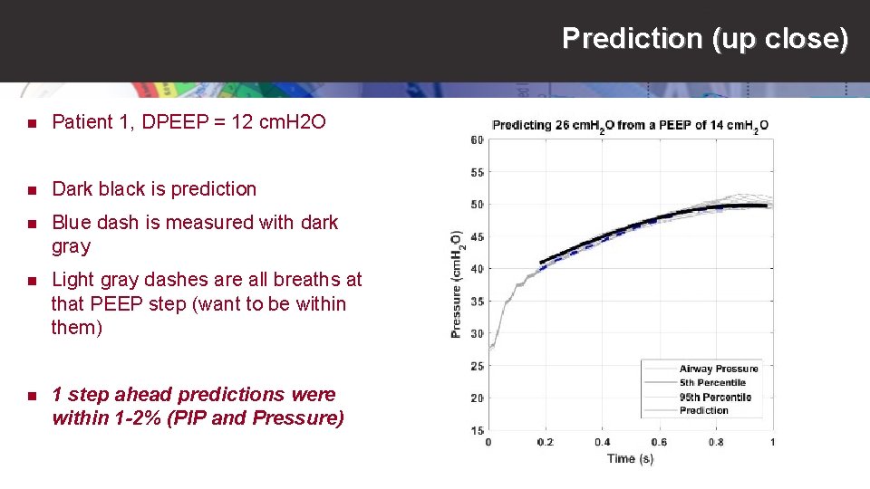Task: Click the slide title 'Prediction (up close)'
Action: (x=705, y=38)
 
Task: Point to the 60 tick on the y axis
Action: (x=477, y=139)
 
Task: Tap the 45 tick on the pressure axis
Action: (x=477, y=236)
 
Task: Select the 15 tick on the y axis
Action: (x=477, y=430)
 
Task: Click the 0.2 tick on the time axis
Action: (x=545, y=442)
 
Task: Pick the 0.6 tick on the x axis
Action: (x=658, y=442)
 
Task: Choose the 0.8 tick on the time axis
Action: (x=715, y=442)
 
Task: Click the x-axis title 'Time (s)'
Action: (x=630, y=458)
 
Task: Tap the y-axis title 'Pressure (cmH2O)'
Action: (x=456, y=284)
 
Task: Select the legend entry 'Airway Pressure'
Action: (x=719, y=369)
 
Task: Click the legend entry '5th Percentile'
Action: (x=712, y=382)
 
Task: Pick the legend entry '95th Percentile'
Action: (x=715, y=397)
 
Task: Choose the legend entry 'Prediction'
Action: (x=704, y=410)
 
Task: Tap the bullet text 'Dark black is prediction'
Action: (x=154, y=189)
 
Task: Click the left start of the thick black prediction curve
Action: (x=542, y=263)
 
